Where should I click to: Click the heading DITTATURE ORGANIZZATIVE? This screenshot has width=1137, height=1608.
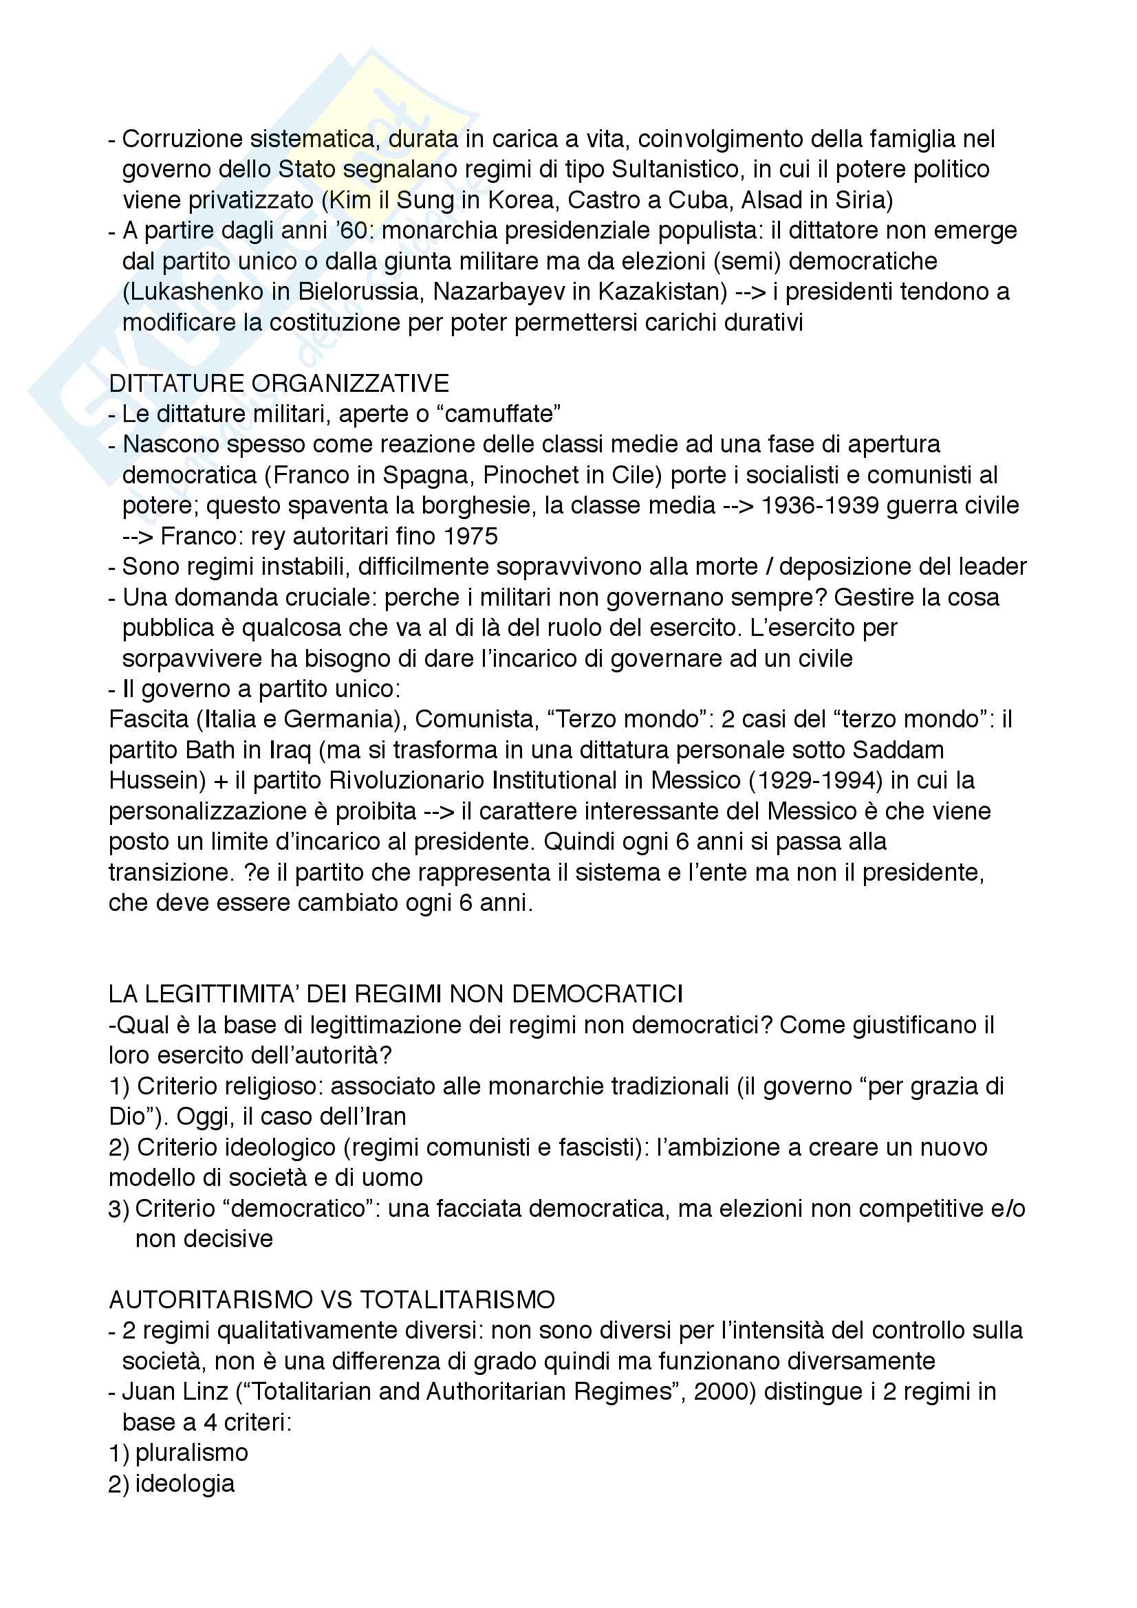(279, 383)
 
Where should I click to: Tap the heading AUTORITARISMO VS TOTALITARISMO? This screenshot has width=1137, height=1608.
(332, 1300)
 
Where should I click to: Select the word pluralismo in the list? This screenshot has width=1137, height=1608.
(191, 1453)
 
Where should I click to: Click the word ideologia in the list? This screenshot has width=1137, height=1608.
(185, 1484)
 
